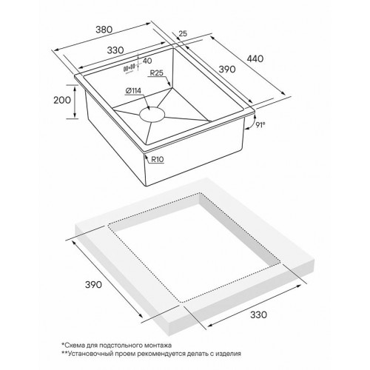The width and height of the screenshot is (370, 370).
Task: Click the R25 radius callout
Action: point(156,73)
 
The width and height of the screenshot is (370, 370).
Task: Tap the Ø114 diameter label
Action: point(135,91)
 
